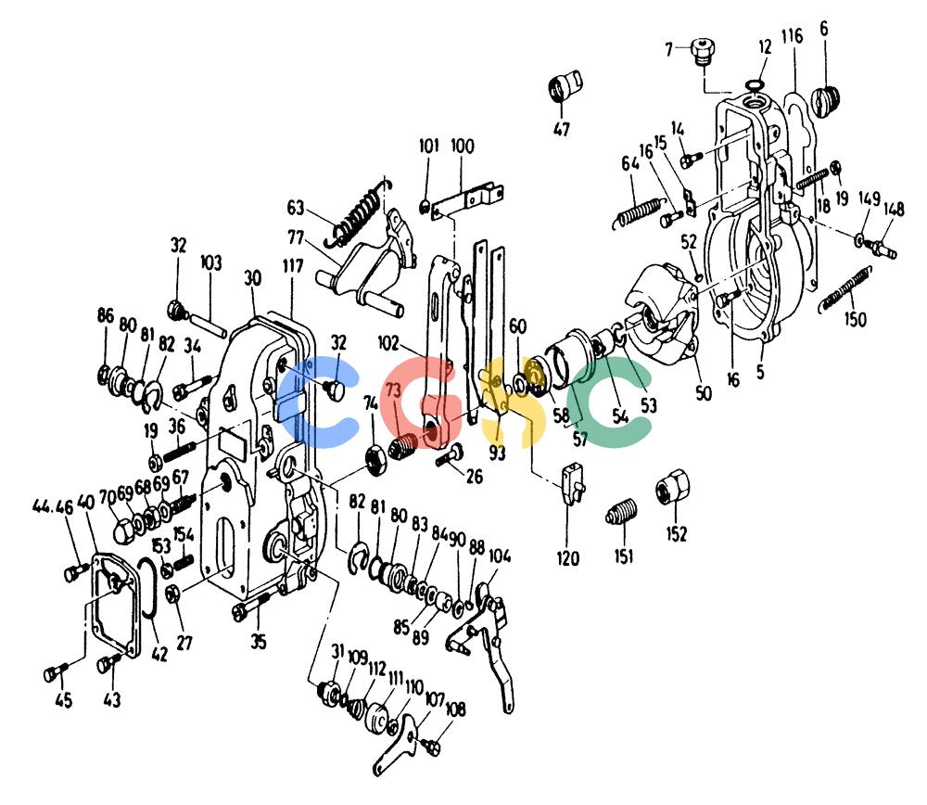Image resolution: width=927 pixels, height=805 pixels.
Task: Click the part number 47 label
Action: coord(561,128)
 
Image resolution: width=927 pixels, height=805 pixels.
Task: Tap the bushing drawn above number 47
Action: coord(565,86)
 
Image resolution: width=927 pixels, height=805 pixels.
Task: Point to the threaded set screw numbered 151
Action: coord(622,512)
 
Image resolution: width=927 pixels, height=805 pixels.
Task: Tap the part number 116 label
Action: coord(792,36)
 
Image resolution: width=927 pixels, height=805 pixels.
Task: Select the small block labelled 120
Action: coord(572,484)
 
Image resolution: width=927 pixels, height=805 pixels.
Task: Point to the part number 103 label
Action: coord(211,262)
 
